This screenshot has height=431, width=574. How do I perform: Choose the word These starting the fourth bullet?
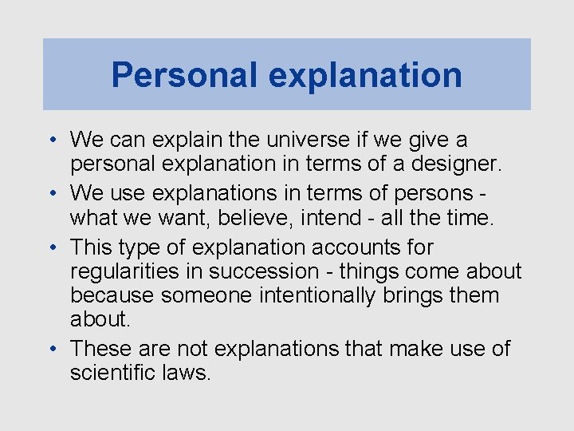[x=100, y=349]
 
